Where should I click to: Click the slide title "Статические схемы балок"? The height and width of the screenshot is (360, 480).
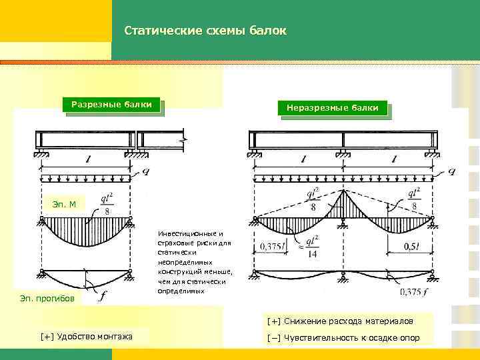pos(205,31)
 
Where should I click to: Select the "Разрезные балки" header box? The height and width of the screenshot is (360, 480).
pos(112,105)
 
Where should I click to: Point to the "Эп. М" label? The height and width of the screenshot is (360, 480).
pos(64,203)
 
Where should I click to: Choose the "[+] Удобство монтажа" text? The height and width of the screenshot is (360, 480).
pos(86,337)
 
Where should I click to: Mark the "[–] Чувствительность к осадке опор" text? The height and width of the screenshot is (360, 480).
pos(343,337)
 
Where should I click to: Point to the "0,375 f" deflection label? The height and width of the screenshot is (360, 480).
pos(415,291)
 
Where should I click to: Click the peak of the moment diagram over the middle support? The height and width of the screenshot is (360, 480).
pos(343,193)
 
